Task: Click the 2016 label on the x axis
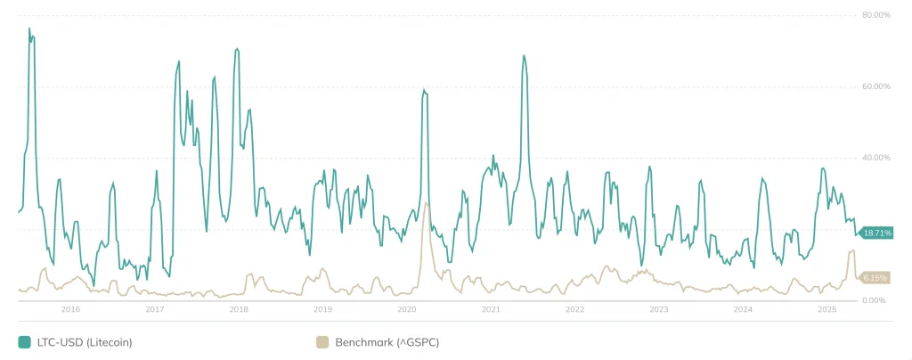(x=70, y=310)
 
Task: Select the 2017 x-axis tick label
(x=154, y=310)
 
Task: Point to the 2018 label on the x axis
(x=239, y=310)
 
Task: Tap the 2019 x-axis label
(x=322, y=310)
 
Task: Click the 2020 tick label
(x=407, y=310)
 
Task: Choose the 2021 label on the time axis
(x=491, y=310)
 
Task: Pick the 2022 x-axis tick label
(x=574, y=310)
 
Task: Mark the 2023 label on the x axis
(x=659, y=310)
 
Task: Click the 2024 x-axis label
(x=743, y=310)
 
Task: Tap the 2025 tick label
(x=827, y=310)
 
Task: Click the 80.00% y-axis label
(x=875, y=15)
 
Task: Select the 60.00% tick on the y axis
(x=875, y=86)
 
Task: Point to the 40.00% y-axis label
(x=875, y=158)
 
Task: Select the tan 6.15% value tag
(x=876, y=278)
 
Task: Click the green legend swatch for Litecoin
(x=24, y=342)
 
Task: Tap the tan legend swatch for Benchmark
(x=322, y=342)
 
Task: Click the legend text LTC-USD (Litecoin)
(x=84, y=342)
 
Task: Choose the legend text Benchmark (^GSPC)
(x=388, y=342)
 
